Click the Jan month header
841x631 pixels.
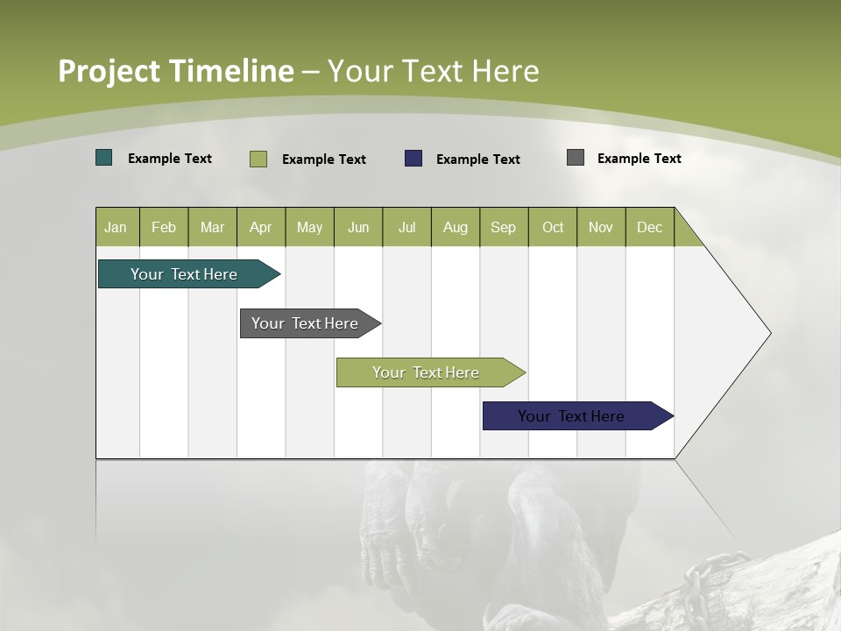(117, 227)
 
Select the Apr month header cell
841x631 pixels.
(261, 227)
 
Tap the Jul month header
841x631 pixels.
(406, 227)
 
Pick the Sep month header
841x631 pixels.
(503, 227)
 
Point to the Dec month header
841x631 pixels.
(649, 227)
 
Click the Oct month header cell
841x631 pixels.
(553, 227)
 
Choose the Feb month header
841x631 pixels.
(164, 227)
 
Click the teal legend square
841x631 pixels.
(104, 158)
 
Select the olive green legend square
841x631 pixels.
(258, 159)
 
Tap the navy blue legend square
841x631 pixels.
(413, 158)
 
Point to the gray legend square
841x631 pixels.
(576, 158)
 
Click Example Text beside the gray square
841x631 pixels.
(639, 159)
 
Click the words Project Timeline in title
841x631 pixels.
(175, 71)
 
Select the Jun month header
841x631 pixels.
(358, 227)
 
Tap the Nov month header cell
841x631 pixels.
(601, 227)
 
